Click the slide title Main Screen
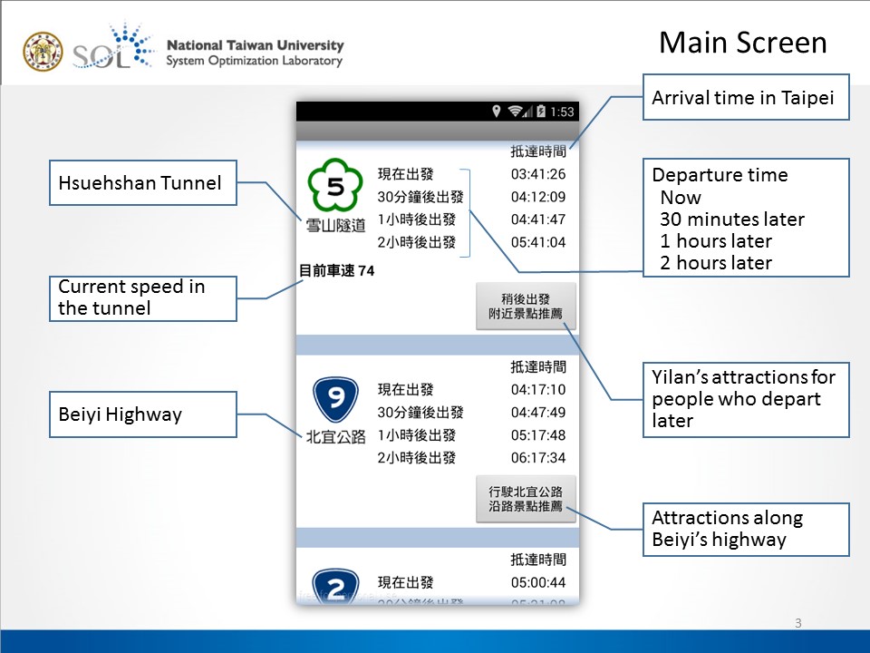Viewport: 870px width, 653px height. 742,43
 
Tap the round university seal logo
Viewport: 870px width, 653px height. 43,52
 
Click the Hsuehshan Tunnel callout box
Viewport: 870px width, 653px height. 142,183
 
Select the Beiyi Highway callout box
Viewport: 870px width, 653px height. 142,414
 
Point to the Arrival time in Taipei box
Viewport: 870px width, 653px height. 745,97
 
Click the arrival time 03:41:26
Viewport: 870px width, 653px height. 538,174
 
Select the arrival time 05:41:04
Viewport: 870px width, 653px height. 538,242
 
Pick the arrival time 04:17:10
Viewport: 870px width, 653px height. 538,390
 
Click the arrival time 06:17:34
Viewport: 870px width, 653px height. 538,458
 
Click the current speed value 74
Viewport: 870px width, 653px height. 366,270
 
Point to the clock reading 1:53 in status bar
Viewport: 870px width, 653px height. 562,112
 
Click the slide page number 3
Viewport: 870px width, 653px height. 797,622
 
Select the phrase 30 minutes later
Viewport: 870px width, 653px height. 732,219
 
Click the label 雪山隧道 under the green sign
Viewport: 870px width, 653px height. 336,225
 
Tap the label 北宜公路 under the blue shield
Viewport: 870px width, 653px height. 336,436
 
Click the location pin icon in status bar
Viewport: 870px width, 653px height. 497,112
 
